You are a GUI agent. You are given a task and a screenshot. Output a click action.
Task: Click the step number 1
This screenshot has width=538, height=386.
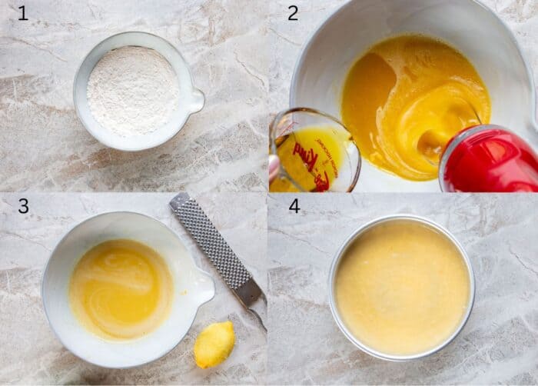point(22,13)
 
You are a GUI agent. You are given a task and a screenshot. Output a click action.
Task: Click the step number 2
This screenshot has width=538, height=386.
point(293,13)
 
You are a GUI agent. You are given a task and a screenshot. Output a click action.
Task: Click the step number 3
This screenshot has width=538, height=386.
point(23,206)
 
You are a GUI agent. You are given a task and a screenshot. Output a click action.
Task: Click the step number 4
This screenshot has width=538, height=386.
point(294,206)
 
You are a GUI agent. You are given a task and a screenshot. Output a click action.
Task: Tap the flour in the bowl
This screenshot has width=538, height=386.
point(132,90)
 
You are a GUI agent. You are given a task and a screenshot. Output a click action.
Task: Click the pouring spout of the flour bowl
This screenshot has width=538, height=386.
point(196,101)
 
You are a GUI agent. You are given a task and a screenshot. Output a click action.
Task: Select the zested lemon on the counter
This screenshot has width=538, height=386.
point(214,344)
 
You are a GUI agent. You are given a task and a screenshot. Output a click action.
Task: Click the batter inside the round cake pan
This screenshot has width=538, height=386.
point(401,286)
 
